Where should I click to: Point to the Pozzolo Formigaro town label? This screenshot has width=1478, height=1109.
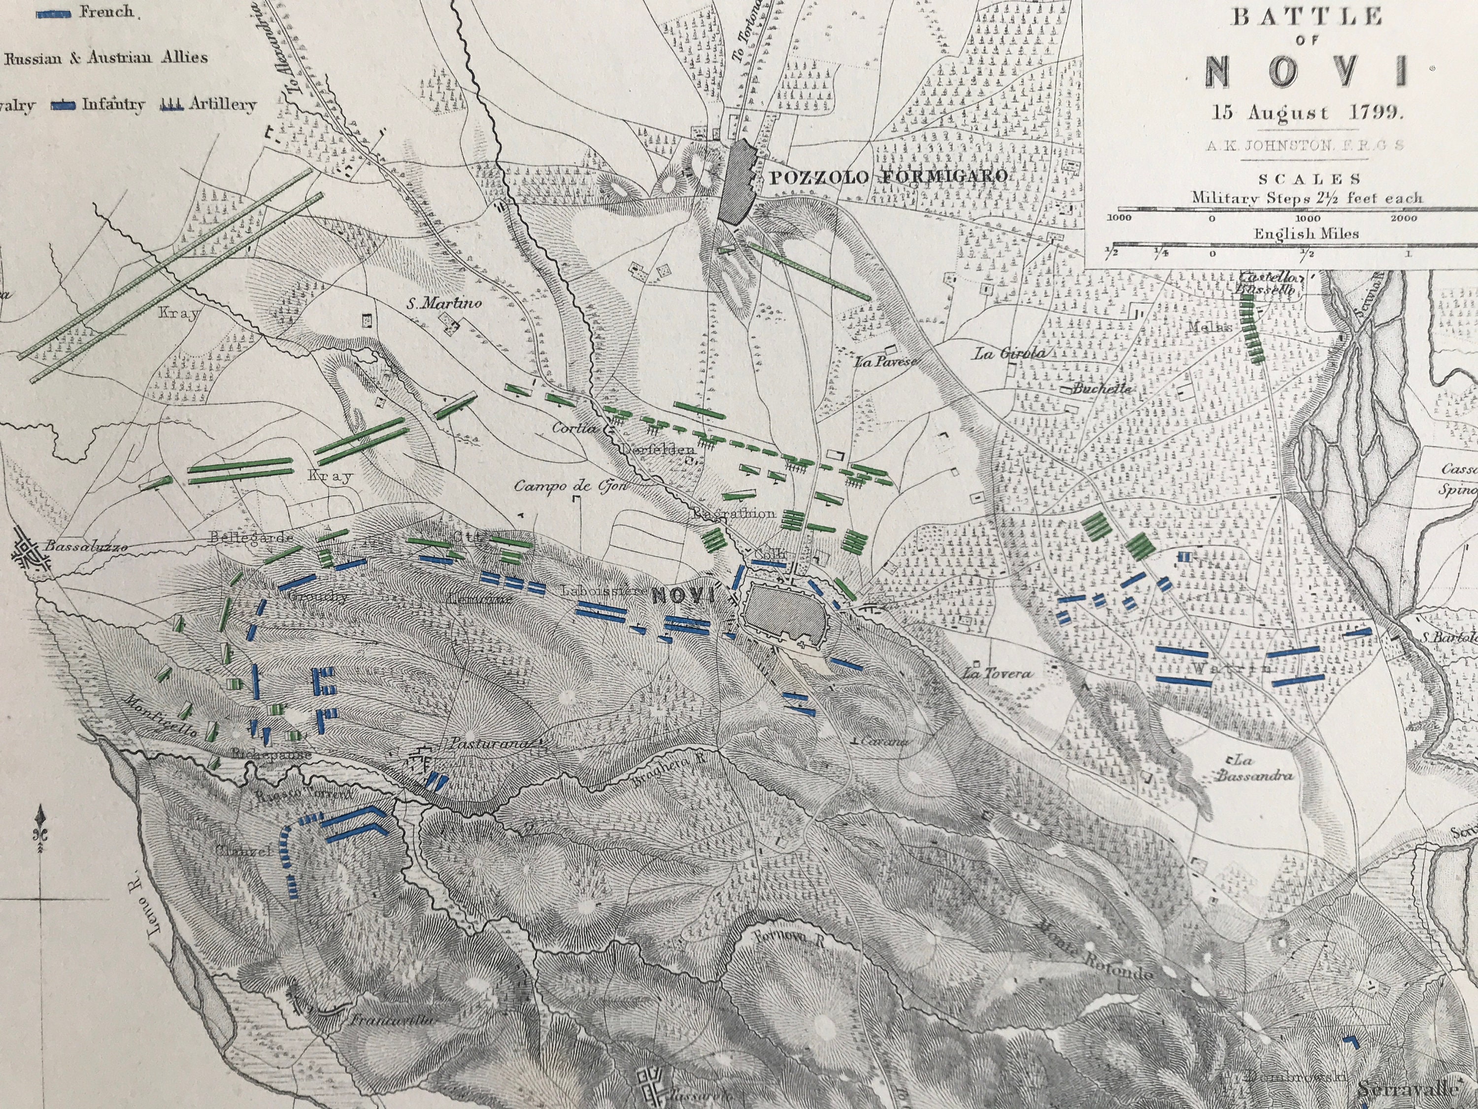point(888,177)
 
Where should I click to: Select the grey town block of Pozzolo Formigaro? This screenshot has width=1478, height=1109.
point(739,180)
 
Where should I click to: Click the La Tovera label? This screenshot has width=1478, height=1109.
point(997,674)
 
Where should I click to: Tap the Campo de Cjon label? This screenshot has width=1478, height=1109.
point(571,486)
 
